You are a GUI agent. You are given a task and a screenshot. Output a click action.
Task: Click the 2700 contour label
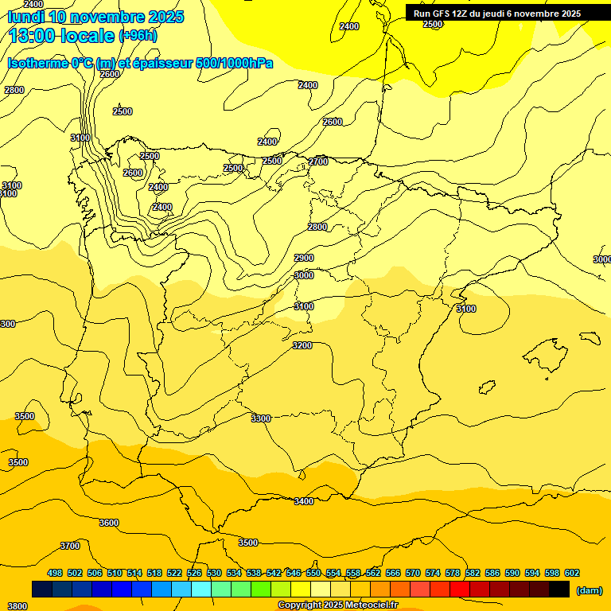pyautogui.click(x=318, y=162)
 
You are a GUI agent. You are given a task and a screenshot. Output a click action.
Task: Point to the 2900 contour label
pyautogui.click(x=304, y=258)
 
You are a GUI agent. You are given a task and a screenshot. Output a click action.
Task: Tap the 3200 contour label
pyautogui.click(x=302, y=345)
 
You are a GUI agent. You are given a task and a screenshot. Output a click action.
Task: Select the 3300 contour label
pyautogui.click(x=261, y=418)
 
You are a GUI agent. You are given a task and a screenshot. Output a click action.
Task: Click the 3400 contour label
pyautogui.click(x=304, y=501)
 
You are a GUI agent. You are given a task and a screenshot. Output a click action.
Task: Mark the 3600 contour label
pyautogui.click(x=109, y=523)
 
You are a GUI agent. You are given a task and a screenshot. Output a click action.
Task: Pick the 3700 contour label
pyautogui.click(x=70, y=546)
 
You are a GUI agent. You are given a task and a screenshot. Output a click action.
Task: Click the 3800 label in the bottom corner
pyautogui.click(x=17, y=606)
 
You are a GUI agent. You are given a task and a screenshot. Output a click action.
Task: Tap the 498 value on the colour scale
pyautogui.click(x=55, y=573)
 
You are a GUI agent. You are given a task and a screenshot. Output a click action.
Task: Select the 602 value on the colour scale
pyautogui.click(x=572, y=573)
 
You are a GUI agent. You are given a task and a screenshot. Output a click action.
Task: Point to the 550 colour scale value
pyautogui.click(x=313, y=573)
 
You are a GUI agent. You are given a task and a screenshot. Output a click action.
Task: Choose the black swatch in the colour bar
pyautogui.click(x=559, y=590)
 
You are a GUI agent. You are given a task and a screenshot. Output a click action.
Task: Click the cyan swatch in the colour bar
pyautogui.click(x=201, y=590)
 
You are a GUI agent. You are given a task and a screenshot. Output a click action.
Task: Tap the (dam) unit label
pyautogui.click(x=589, y=590)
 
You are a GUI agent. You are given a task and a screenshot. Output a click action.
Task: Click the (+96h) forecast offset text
pyautogui.click(x=138, y=35)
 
